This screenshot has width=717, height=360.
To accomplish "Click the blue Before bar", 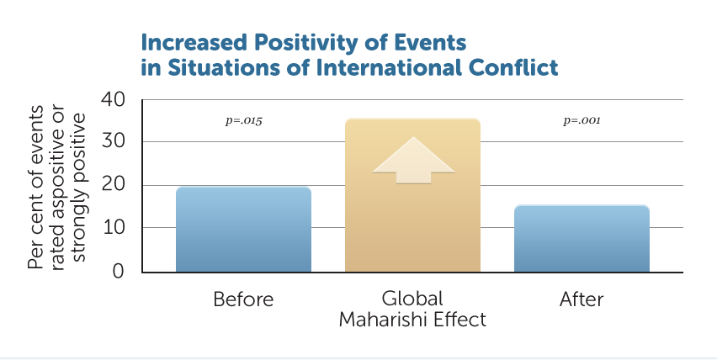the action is (x=244, y=230).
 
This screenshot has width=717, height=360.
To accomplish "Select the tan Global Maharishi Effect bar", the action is (x=412, y=195).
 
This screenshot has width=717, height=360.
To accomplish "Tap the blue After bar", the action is (x=582, y=239).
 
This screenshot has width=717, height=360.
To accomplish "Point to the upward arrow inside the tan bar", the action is (x=413, y=160).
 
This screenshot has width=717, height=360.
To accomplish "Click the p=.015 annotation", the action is (x=244, y=120).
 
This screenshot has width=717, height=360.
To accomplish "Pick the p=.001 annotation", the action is (x=582, y=120).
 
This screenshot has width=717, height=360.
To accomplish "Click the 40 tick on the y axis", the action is (x=114, y=99).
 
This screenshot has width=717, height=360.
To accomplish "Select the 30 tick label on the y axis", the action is (x=114, y=140).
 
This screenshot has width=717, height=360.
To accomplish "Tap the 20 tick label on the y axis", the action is (x=114, y=184).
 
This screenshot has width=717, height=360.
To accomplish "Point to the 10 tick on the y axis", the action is (x=114, y=227).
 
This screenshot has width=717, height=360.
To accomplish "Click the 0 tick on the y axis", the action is (x=118, y=271).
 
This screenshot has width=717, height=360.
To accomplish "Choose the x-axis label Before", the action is (x=243, y=299).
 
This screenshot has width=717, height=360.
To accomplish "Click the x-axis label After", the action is (x=582, y=299).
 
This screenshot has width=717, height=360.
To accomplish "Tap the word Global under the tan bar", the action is (x=412, y=299).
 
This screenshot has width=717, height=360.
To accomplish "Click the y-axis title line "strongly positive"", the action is (x=78, y=188).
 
